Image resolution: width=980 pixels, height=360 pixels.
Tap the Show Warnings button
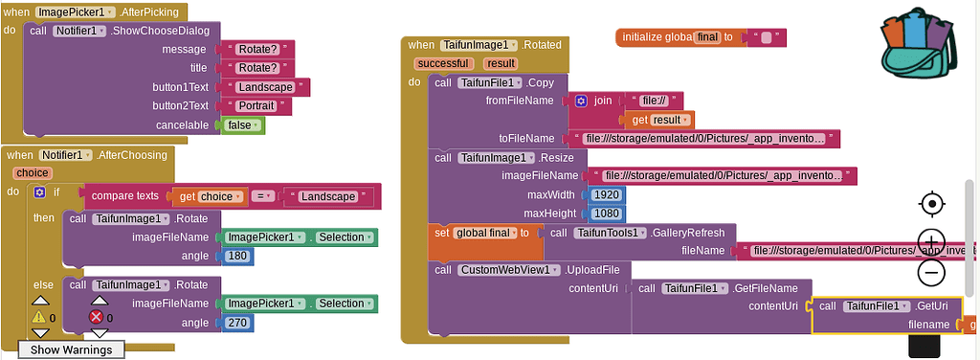(71, 349)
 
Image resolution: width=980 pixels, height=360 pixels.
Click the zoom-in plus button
(931, 240)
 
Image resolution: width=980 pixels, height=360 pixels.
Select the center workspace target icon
(931, 204)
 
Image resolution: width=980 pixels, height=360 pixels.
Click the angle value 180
(236, 256)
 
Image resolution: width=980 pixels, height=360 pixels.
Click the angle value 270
(236, 323)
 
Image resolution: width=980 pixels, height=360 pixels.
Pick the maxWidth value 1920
(606, 194)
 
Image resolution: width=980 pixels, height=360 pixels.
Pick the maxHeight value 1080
(606, 213)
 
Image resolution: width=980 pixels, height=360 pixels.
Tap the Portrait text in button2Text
(257, 106)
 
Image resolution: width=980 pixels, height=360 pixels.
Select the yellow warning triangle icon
(39, 317)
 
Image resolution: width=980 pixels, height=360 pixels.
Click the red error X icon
(95, 317)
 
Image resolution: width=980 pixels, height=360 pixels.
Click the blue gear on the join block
(581, 101)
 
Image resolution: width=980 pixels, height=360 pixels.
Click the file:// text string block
(657, 101)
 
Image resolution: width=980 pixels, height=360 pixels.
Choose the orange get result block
(658, 120)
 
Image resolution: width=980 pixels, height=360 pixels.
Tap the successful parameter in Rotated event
(443, 63)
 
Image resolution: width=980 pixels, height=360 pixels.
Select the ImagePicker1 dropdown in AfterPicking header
(76, 12)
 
